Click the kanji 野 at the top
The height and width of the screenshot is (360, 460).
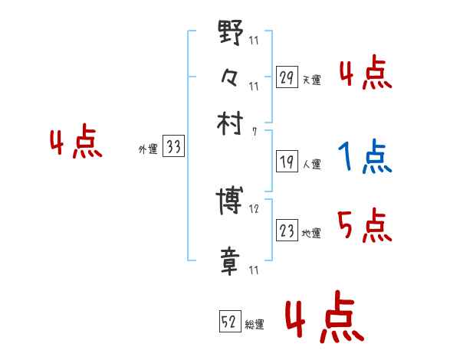(230, 34)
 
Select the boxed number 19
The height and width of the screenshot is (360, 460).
(286, 162)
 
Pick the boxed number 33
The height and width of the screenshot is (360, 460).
(174, 148)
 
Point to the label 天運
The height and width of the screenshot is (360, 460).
(311, 80)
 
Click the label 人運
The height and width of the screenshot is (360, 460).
(311, 164)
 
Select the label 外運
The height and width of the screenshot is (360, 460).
(148, 150)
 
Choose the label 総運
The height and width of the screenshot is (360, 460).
(255, 325)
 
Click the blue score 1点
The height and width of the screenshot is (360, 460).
(365, 158)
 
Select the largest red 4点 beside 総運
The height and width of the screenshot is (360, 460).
(324, 319)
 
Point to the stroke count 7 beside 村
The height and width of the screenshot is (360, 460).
(254, 132)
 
